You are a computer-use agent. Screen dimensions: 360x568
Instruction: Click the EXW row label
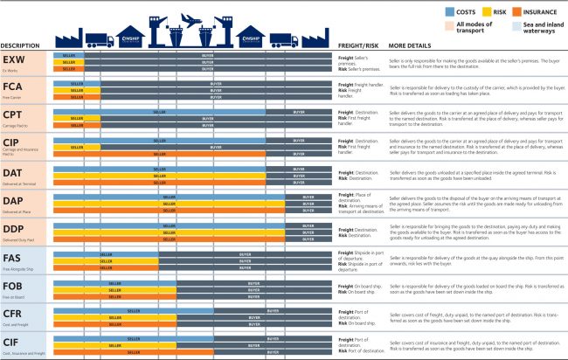[x=13, y=59]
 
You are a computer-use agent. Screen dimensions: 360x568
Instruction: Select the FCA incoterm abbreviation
[x=13, y=87]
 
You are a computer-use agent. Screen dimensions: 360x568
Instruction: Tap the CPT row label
[x=12, y=115]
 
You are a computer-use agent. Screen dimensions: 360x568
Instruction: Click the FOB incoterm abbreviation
[x=13, y=285]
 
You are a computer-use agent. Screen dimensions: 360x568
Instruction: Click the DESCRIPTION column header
[x=18, y=45]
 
